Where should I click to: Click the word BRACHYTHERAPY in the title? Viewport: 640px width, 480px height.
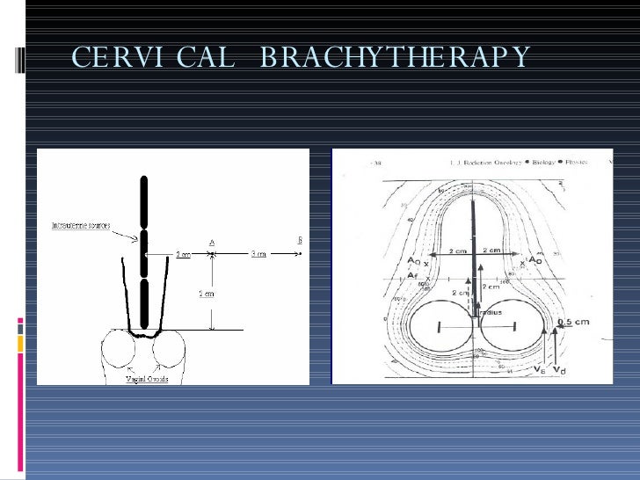[396, 58]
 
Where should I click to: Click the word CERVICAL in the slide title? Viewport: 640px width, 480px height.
[154, 58]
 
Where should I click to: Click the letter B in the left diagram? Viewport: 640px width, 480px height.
[300, 239]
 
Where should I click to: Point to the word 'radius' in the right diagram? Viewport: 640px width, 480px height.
[488, 312]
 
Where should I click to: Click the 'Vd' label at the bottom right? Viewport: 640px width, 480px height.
[561, 372]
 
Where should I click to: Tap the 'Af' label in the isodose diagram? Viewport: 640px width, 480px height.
[412, 275]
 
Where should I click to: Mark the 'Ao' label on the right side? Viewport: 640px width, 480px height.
[535, 262]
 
